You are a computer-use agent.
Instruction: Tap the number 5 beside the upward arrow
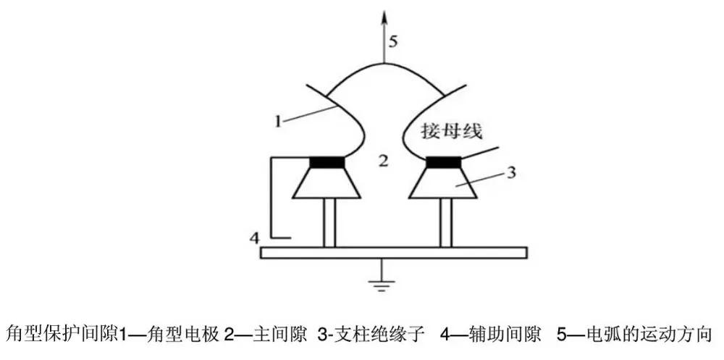pyautogui.click(x=392, y=41)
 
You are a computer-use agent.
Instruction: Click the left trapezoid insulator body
pyautogui.click(x=327, y=185)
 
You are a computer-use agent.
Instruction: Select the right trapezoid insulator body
pyautogui.click(x=442, y=185)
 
